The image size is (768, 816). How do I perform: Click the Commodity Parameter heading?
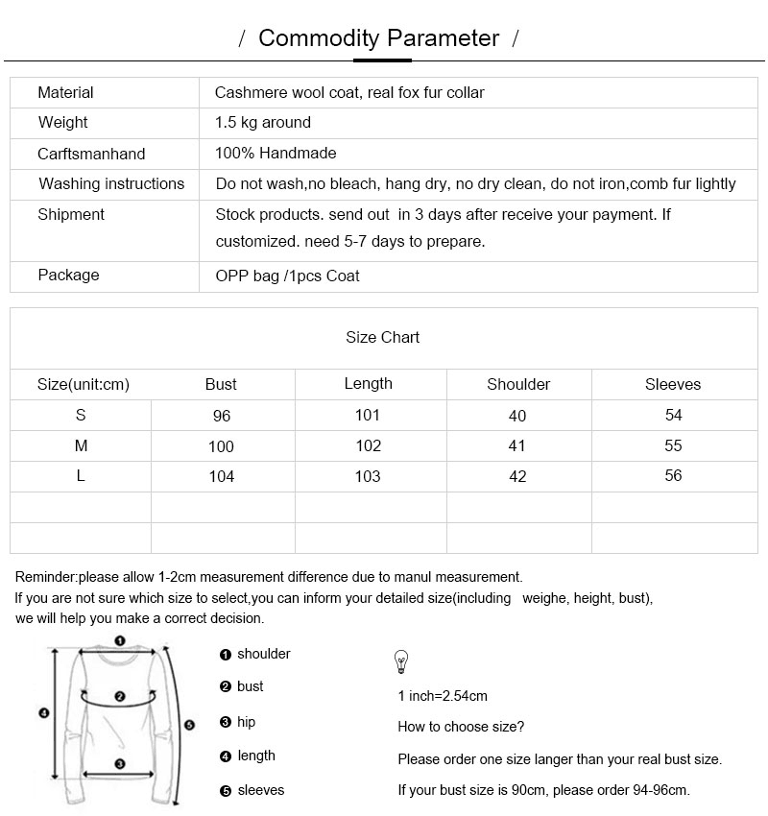(379, 38)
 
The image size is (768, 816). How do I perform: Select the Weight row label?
(63, 123)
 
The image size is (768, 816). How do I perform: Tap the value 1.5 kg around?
(263, 123)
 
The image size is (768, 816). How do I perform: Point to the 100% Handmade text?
(276, 154)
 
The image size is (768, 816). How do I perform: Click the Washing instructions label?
(111, 184)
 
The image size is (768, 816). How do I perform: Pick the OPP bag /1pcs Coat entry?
(287, 276)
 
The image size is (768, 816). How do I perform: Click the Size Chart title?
(382, 338)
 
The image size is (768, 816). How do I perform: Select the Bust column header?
(221, 385)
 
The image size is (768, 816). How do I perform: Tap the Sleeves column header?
(673, 385)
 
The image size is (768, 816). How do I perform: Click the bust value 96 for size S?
(222, 417)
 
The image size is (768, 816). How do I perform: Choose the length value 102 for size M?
(368, 446)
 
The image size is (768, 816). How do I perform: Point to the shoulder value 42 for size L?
(517, 477)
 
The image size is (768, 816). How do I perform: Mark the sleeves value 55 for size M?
(673, 446)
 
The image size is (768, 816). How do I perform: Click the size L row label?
(81, 477)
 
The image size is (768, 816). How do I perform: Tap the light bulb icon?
(401, 662)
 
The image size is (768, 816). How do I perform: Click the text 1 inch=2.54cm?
(443, 696)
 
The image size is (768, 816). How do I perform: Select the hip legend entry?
(246, 722)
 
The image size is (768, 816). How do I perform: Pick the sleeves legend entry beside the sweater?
(260, 790)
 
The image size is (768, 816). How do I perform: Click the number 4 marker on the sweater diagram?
(43, 712)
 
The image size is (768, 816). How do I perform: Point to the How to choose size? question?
(461, 727)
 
